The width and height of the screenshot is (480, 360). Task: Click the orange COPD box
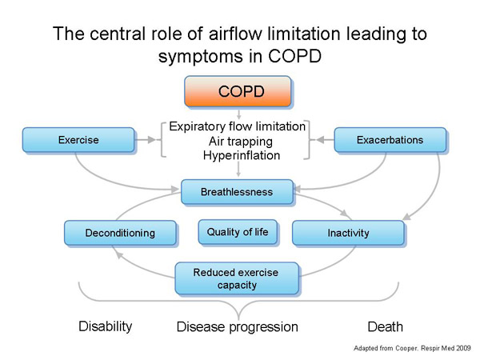pos(238,91)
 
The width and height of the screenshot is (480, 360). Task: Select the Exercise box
pos(78,140)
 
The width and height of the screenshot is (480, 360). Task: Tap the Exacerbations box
pos(390,140)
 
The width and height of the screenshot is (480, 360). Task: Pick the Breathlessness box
pos(237,192)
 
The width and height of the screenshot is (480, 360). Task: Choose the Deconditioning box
pos(120,233)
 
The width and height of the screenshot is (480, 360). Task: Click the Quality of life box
pos(238,232)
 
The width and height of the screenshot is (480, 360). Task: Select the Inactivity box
pos(348,233)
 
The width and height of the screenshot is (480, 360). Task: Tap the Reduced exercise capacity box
pos(237,278)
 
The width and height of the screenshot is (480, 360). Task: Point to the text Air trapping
pos(241,142)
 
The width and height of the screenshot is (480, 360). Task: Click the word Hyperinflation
pos(242,155)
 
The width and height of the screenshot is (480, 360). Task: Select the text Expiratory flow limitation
pos(238,126)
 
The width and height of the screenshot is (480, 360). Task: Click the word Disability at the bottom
pos(106,326)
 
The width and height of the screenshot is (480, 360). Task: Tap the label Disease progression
pos(238,327)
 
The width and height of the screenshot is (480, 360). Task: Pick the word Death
pos(385,326)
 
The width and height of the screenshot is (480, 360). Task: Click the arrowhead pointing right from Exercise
pos(151,140)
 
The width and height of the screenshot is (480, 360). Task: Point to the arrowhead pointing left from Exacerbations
pos(320,140)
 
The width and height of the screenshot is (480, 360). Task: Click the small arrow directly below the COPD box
pos(238,114)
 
